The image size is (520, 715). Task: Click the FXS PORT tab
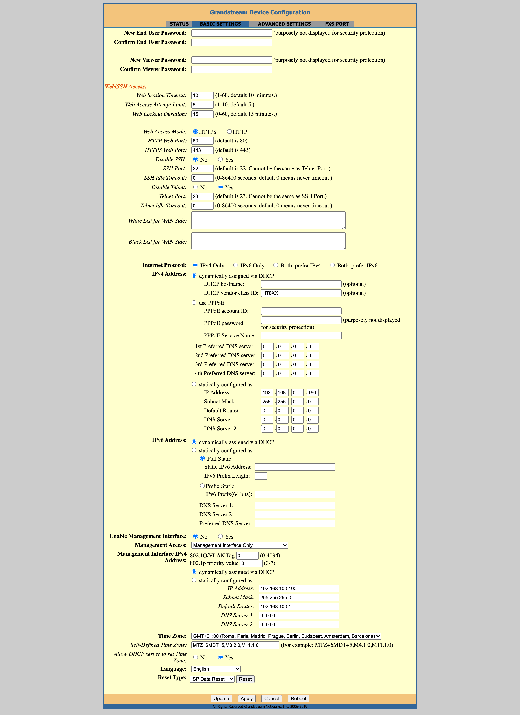[x=337, y=24]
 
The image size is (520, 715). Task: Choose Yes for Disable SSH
[x=221, y=159]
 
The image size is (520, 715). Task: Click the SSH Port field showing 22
[x=202, y=169]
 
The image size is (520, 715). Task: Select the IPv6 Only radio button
[x=236, y=265]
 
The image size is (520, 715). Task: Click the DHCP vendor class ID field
[x=301, y=293]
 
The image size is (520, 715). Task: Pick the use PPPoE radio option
[x=194, y=303]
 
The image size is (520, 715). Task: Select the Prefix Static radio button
[x=202, y=486]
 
